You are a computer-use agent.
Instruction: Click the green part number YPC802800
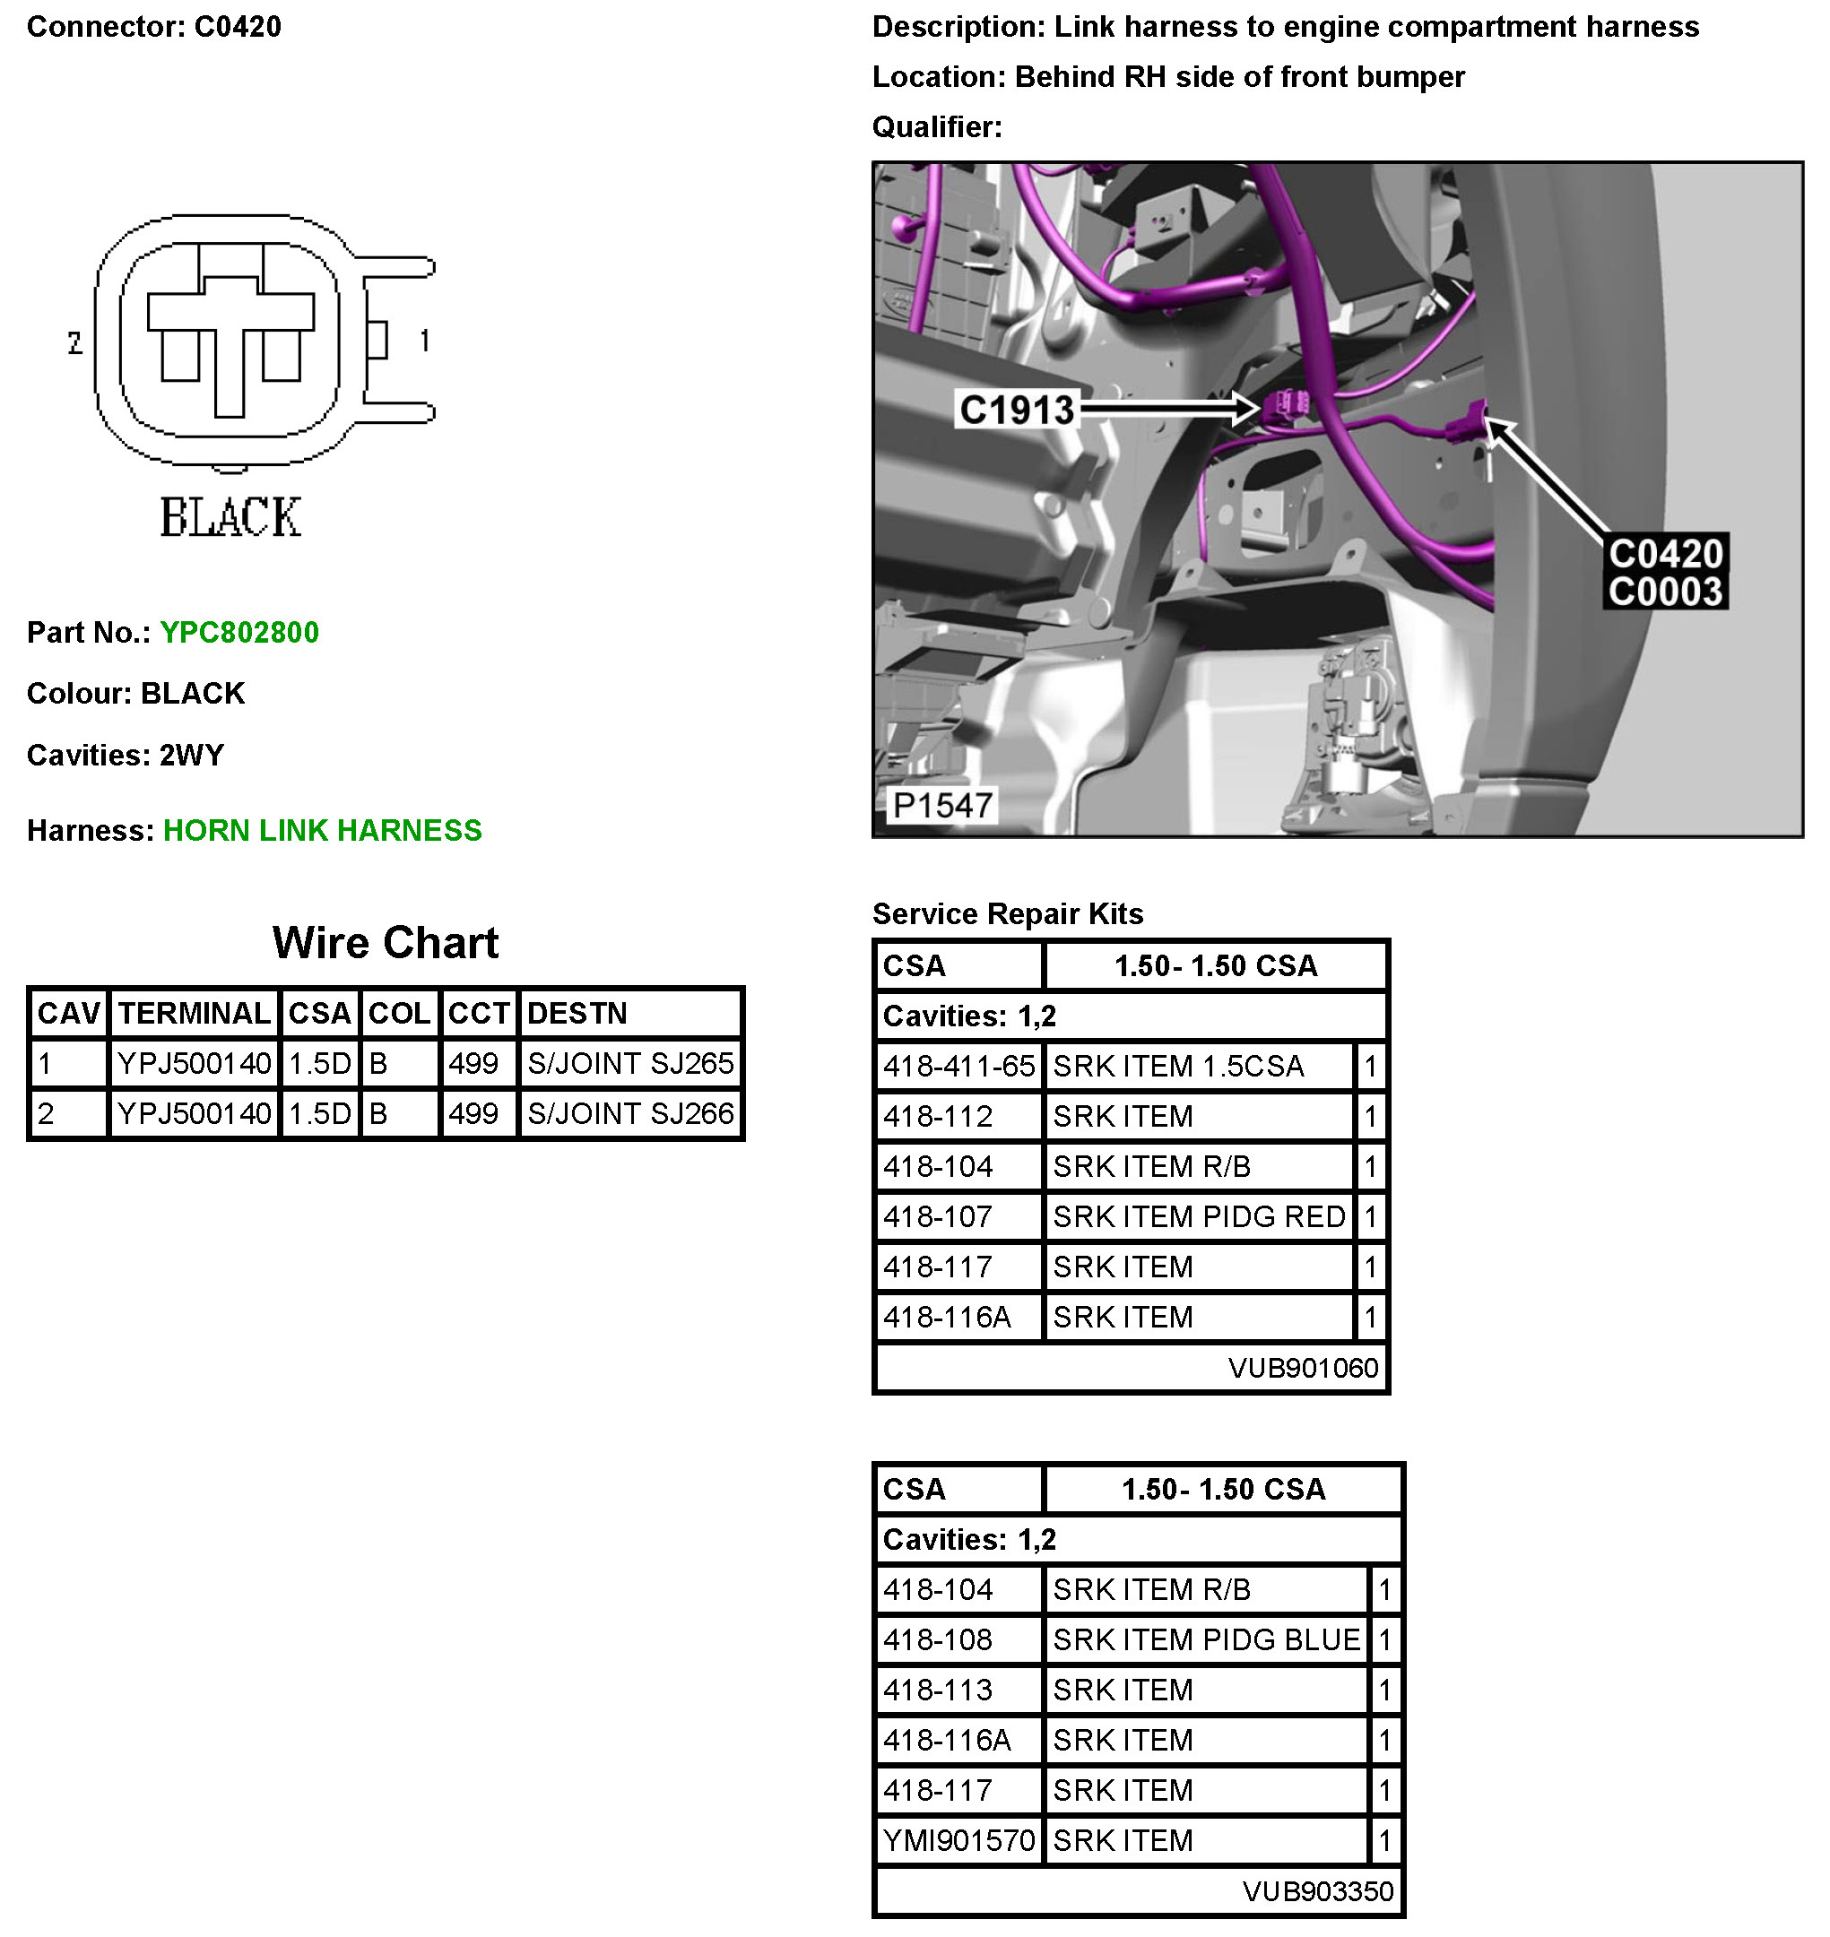239,632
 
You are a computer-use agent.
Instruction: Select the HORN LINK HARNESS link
322,830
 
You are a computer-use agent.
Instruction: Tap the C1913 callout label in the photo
1017,410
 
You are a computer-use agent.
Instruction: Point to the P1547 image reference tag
942,806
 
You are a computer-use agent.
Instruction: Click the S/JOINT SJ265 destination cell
630,1063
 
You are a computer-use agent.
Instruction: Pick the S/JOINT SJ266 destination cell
630,1114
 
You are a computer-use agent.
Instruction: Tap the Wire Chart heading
386,943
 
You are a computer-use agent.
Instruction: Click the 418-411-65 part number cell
958,1066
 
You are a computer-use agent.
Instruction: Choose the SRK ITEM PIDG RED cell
1199,1217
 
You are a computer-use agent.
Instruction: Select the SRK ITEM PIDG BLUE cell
1206,1640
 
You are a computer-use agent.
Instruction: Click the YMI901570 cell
958,1840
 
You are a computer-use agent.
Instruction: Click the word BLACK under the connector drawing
231,517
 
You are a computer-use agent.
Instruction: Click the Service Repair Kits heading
1008,914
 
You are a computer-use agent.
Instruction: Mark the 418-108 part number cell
939,1640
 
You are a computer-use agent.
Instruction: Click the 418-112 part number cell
939,1117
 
